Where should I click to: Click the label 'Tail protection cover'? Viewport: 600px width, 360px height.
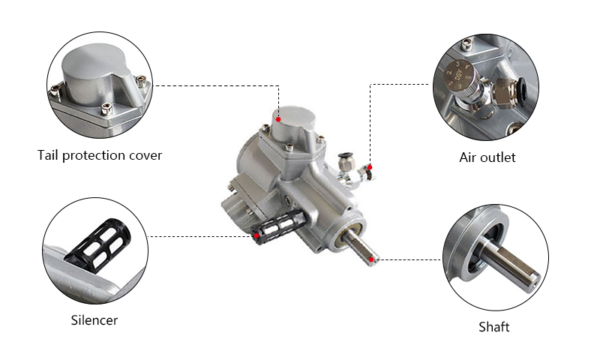pos(100,155)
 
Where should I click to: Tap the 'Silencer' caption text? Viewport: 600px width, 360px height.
pos(94,320)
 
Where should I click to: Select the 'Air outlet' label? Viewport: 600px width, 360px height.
pos(487,157)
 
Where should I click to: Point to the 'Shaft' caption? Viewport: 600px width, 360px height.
pos(494,327)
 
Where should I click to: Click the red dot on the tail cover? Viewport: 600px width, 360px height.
pos(277,118)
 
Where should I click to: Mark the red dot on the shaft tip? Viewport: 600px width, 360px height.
pos(373,259)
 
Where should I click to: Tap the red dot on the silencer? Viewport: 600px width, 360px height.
pos(257,236)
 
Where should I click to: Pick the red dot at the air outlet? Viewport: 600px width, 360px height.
pos(369,166)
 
